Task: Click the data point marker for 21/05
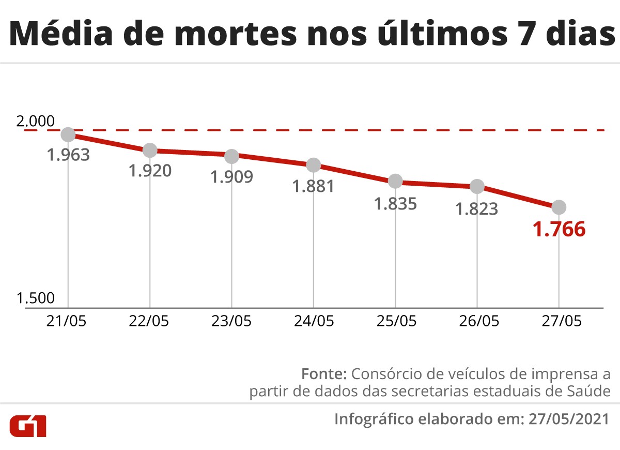click(x=68, y=134)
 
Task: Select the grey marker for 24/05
click(x=314, y=165)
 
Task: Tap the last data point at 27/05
click(x=559, y=207)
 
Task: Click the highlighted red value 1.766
click(x=559, y=229)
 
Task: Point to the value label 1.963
click(x=68, y=155)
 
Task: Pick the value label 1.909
click(x=231, y=177)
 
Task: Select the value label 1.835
click(x=395, y=203)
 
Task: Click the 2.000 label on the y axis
click(x=35, y=122)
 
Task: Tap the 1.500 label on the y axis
click(x=35, y=298)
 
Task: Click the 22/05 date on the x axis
click(x=149, y=321)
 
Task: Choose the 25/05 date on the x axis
click(x=395, y=321)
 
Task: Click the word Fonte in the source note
click(x=323, y=373)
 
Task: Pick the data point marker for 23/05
click(x=231, y=156)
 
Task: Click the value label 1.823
click(x=476, y=208)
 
